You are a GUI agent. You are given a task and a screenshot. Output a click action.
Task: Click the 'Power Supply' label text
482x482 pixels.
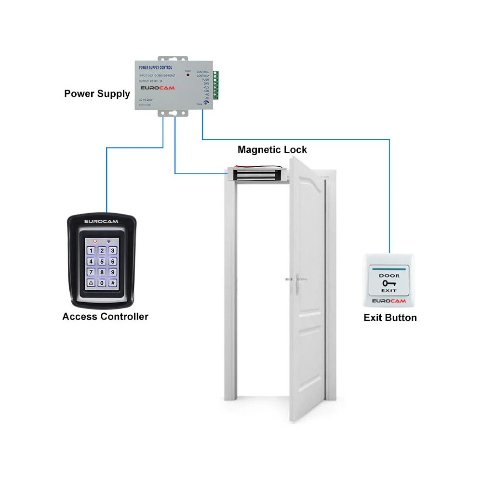(97, 94)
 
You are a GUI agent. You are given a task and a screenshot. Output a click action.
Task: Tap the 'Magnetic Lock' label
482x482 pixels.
(272, 150)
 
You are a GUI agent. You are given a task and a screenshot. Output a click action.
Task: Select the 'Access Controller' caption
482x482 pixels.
(105, 317)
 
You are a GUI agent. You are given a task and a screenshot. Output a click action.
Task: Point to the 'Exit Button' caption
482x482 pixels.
(390, 318)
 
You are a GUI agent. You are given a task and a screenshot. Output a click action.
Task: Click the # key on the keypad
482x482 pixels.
(113, 283)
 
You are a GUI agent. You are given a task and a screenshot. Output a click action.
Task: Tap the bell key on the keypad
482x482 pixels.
(91, 283)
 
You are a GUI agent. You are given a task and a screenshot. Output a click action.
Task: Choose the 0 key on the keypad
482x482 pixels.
(102, 283)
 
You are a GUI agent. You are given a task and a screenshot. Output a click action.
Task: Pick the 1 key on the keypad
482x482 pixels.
(91, 251)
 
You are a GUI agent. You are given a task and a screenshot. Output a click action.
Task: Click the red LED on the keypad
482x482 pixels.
(95, 242)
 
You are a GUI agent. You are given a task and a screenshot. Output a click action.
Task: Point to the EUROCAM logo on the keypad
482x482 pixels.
(101, 221)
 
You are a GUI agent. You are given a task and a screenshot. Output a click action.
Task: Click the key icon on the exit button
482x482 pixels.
(388, 283)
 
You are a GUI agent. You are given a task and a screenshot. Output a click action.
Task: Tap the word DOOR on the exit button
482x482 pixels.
(388, 276)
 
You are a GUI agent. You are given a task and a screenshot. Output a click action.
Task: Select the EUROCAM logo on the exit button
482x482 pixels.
(388, 301)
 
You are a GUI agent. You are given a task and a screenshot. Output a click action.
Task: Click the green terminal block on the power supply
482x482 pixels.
(215, 86)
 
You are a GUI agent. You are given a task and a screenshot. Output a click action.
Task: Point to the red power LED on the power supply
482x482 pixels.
(187, 76)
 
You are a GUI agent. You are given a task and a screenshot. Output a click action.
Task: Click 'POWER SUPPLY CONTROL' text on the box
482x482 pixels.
(155, 68)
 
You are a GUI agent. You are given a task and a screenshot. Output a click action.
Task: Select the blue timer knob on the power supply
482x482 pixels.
(207, 102)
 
